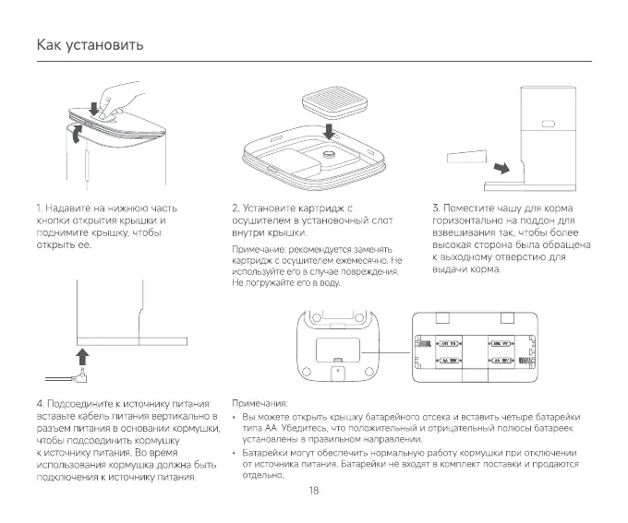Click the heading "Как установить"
(x=90, y=45)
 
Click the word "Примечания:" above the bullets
(x=259, y=404)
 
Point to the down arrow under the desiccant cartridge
(x=330, y=129)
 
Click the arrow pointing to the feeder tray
(x=500, y=168)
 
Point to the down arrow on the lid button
(x=93, y=109)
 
